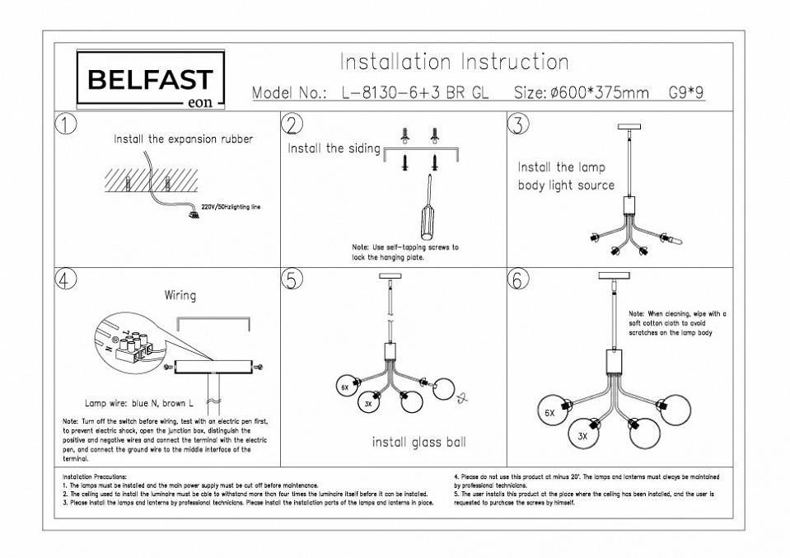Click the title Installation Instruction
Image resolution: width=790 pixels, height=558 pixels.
(x=454, y=63)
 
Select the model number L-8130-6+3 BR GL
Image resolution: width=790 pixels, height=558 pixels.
(x=414, y=93)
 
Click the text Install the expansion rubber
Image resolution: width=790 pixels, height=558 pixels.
(x=183, y=139)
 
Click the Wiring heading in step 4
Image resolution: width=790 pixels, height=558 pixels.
(x=180, y=294)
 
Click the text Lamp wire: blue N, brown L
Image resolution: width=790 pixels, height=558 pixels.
(x=138, y=404)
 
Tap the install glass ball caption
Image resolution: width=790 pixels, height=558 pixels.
(x=418, y=443)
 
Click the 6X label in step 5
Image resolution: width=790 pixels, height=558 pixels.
(x=344, y=386)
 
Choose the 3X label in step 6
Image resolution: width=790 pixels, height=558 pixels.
(x=582, y=436)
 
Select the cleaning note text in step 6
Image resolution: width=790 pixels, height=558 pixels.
(x=676, y=323)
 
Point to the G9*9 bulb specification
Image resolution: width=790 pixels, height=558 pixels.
(x=687, y=93)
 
